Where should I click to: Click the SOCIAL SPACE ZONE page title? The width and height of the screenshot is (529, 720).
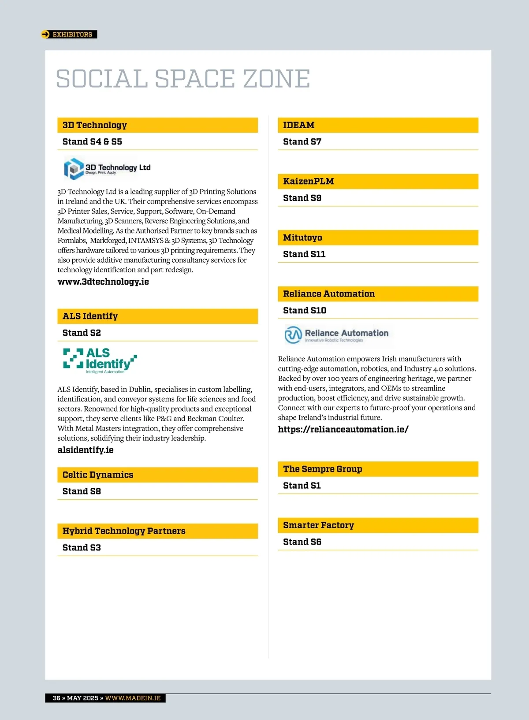pos(183,79)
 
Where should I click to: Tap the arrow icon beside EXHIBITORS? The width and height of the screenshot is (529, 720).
pos(45,34)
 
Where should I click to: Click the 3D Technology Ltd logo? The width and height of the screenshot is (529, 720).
pos(108,168)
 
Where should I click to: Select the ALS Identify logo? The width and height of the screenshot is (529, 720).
pos(100,360)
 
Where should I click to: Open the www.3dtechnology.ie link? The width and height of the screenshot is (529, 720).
pos(103,282)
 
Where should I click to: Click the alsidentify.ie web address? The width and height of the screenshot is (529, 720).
pos(86,450)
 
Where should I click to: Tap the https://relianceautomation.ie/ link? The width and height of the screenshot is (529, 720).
pos(343,430)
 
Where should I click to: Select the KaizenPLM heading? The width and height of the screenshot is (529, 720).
pos(308,182)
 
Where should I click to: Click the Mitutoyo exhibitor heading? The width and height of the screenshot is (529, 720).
pos(302,238)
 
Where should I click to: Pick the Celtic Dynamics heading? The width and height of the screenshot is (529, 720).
pos(98,475)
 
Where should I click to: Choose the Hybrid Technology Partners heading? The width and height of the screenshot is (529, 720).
pos(124,531)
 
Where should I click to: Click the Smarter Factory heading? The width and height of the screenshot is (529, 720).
pos(318,526)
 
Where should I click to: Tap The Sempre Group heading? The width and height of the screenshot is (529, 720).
pos(322,469)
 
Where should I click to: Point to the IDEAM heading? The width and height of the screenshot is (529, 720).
pos(298,125)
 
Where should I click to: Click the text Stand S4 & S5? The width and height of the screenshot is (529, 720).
pos(92,142)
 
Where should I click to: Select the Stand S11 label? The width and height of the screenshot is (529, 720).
pos(304,254)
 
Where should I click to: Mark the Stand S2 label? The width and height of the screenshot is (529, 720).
pos(82,333)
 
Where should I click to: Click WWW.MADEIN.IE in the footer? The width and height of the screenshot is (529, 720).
pos(133,698)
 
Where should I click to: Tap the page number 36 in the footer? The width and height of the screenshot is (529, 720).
pos(56,698)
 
